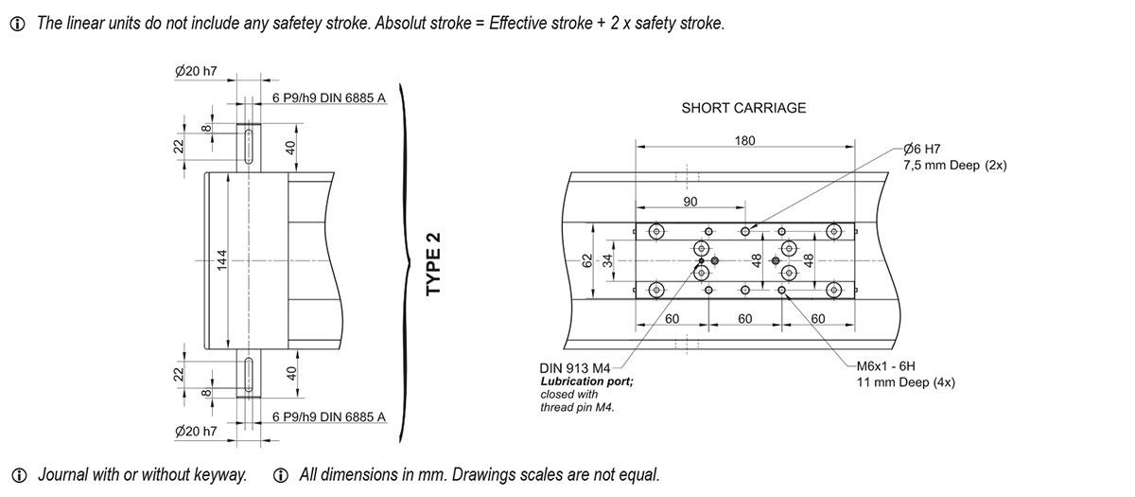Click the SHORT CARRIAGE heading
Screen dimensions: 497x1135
point(743,108)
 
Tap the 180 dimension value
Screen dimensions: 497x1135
point(744,141)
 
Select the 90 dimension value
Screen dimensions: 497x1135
point(690,202)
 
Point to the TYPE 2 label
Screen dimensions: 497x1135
point(434,263)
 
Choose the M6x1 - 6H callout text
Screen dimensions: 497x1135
point(886,366)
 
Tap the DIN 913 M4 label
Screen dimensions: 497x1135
point(574,366)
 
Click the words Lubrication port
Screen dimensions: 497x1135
point(585,381)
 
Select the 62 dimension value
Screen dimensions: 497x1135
point(586,260)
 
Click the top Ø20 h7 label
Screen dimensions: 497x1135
point(197,71)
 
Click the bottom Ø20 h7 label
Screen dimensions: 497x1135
point(197,431)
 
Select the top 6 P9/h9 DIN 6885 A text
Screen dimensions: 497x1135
point(328,98)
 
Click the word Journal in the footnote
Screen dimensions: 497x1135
point(63,474)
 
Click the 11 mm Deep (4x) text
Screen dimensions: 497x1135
point(905,382)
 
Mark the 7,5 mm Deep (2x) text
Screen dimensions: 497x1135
point(955,165)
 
